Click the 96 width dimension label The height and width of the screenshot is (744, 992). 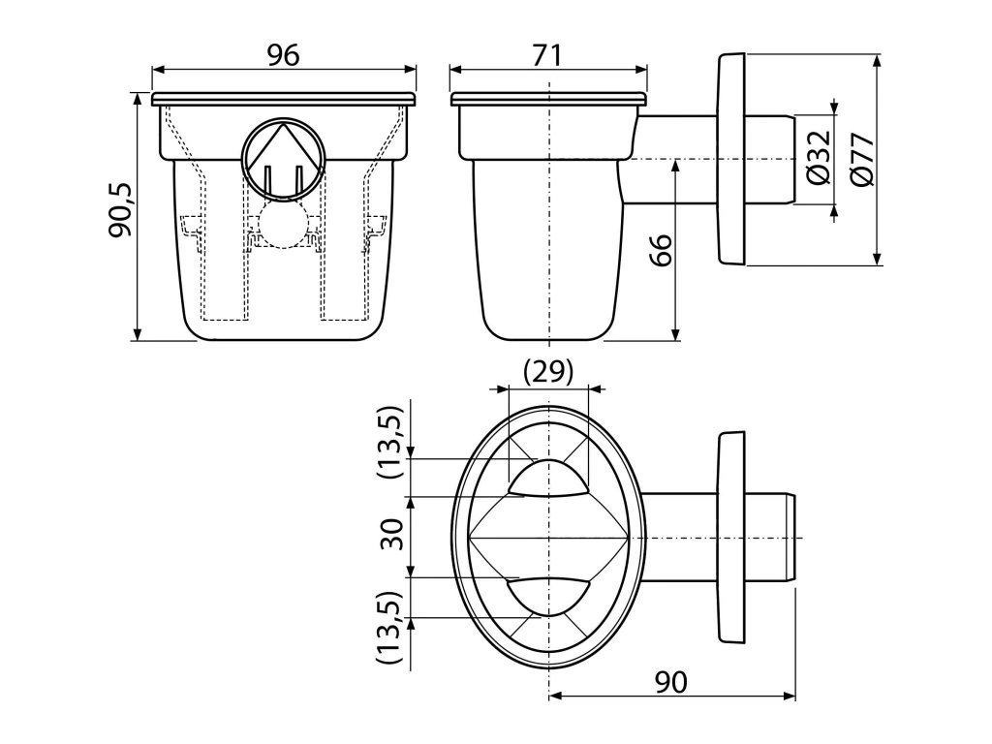tap(284, 56)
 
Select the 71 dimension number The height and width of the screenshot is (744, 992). tap(547, 56)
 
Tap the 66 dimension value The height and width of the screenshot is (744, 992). tap(660, 254)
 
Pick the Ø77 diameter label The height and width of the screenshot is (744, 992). tap(861, 157)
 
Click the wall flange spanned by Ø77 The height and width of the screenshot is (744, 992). tap(731, 159)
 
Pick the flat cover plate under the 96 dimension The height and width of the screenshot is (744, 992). tap(284, 99)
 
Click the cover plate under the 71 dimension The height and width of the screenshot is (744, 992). tap(548, 99)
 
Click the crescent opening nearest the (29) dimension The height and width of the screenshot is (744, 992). tap(548, 478)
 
